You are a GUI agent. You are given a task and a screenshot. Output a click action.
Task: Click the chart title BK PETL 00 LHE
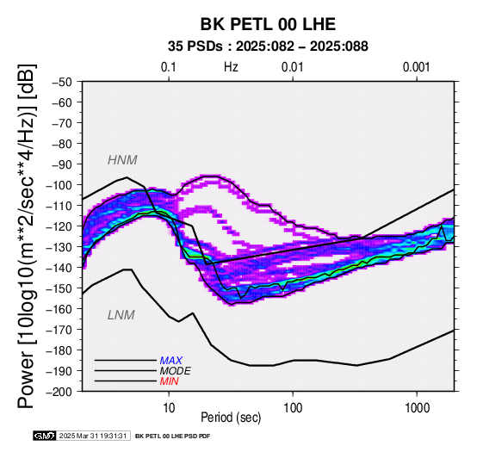268,24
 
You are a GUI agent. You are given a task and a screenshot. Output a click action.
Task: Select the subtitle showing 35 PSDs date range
268,46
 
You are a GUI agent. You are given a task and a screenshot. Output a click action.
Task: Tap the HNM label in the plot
122,160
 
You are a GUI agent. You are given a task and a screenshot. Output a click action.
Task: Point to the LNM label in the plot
121,315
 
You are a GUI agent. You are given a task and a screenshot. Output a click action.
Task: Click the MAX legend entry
171,361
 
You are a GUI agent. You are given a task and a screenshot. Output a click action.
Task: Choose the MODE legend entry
176,371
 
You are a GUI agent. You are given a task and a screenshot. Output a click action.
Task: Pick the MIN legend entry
169,381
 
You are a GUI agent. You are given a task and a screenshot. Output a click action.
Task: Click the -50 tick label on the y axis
62,82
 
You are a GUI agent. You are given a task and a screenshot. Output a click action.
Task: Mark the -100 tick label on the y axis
59,185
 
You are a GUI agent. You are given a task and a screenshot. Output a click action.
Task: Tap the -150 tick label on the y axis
59,288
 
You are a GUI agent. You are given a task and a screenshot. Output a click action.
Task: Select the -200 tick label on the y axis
59,392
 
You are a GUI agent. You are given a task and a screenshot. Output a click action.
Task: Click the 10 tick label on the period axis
169,408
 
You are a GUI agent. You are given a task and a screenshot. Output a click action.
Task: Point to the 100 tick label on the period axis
293,408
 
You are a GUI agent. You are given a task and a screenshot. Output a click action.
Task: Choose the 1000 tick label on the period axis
417,408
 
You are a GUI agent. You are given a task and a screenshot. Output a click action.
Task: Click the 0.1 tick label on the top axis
169,67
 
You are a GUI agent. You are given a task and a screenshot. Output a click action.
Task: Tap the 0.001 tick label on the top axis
416,67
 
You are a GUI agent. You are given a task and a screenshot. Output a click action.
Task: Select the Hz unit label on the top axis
231,67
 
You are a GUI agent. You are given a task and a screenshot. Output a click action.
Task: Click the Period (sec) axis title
231,418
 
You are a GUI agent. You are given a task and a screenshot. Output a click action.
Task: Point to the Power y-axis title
27,236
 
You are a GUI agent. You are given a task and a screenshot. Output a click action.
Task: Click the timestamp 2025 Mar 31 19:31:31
93,436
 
